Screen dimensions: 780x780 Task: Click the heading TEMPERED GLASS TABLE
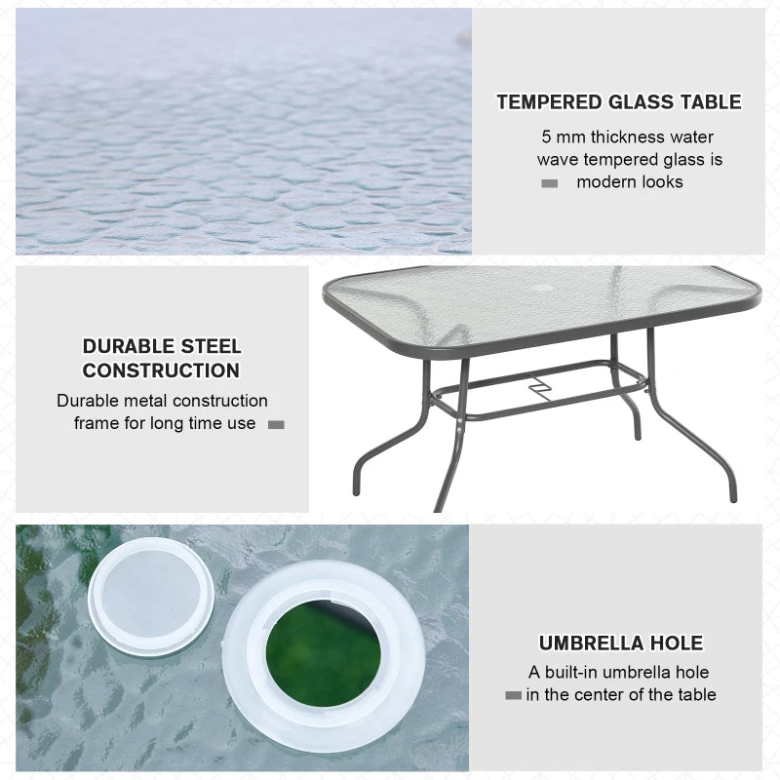618,102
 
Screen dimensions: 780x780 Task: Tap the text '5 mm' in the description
562,137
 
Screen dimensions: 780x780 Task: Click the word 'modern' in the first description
607,182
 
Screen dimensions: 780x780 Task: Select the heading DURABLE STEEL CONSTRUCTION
161,358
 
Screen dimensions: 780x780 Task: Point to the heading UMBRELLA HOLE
620,643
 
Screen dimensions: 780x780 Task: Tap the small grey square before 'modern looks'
550,183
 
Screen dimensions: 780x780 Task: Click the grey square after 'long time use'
276,424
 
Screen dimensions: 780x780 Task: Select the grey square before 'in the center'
513,695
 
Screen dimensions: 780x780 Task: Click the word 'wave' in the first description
557,160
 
